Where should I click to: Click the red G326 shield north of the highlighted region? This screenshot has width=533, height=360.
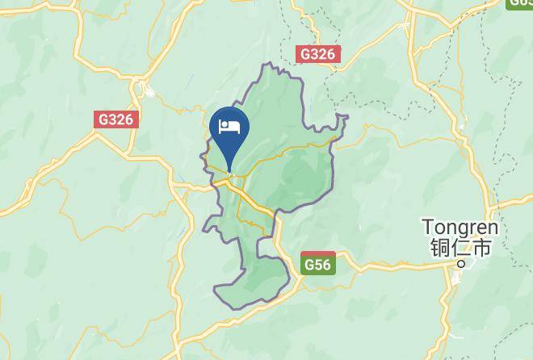pyautogui.click(x=317, y=54)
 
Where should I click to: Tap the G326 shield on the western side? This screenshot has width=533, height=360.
pyautogui.click(x=117, y=119)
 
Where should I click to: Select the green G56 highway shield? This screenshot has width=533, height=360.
pyautogui.click(x=318, y=263)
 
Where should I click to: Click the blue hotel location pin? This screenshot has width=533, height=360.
pyautogui.click(x=229, y=133)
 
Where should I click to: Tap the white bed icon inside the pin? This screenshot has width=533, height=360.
pyautogui.click(x=229, y=127)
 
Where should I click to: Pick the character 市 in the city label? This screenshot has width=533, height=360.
pyautogui.click(x=482, y=248)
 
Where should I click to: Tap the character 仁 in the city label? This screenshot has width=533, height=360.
pyautogui.click(x=461, y=248)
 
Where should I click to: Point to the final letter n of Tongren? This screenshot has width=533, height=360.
pyautogui.click(x=493, y=228)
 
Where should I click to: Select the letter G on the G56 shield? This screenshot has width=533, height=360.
pyautogui.click(x=309, y=265)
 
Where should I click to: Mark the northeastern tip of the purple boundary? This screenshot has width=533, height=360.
pyautogui.click(x=346, y=117)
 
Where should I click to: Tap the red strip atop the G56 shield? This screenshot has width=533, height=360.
pyautogui.click(x=318, y=255)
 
